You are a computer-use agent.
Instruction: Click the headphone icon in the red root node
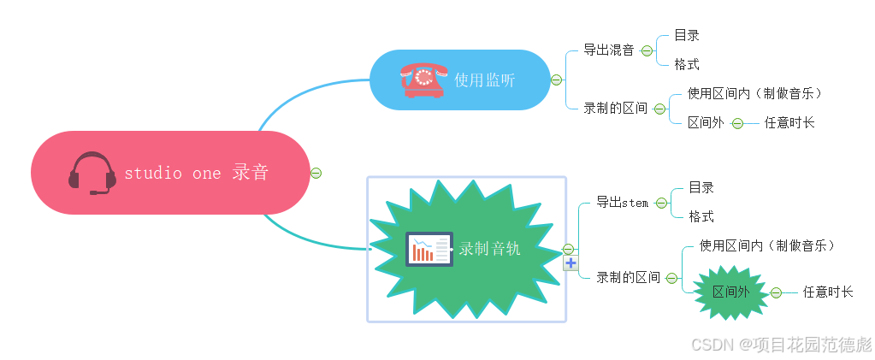coord(92,173)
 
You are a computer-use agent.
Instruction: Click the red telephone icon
coord(423,80)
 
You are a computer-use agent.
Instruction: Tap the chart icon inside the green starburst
coord(429,249)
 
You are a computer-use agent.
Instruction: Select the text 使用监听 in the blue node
coord(485,80)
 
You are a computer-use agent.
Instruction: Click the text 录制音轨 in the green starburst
coord(489,249)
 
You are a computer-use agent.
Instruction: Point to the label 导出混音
coord(609,50)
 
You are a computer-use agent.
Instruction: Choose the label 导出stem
coord(623,202)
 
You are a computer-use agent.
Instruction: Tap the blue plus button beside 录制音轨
coord(571,263)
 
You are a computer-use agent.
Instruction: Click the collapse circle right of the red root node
coord(316,173)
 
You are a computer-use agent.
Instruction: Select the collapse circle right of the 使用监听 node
coord(557,80)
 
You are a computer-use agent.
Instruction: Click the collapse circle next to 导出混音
coord(647,50)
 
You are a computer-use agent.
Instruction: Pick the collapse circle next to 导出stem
coord(661,203)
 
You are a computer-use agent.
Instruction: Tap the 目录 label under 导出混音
coord(687,35)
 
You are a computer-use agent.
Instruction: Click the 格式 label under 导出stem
coord(701,216)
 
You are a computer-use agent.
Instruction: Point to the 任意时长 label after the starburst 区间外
coord(827,292)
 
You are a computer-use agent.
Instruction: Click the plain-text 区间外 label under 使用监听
coord(706,122)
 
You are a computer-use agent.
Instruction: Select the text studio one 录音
coord(197,173)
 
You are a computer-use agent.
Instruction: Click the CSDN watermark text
coord(781,344)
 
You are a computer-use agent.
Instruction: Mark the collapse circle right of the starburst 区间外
coord(776,292)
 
